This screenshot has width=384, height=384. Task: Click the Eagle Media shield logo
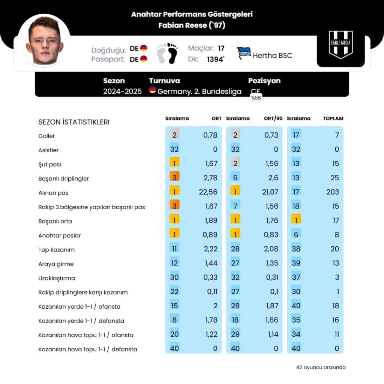pyautogui.click(x=340, y=45)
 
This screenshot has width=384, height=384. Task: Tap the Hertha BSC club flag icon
pyautogui.click(x=244, y=54)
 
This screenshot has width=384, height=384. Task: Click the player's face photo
pyautogui.click(x=44, y=41)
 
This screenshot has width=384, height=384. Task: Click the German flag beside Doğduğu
pyautogui.click(x=144, y=48)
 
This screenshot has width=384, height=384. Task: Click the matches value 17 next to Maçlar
pyautogui.click(x=221, y=48)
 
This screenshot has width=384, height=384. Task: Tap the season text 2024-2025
pyautogui.click(x=122, y=91)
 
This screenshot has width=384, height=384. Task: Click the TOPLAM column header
pyautogui.click(x=333, y=118)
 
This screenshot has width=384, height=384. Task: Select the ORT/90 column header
pyautogui.click(x=273, y=118)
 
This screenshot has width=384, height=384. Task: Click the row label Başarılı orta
pyautogui.click(x=55, y=221)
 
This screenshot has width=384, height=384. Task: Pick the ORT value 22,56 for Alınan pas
pyautogui.click(x=208, y=192)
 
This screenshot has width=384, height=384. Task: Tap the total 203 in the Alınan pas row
pyautogui.click(x=332, y=192)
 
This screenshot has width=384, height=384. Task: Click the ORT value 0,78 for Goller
pyautogui.click(x=210, y=135)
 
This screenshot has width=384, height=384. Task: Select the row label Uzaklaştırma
pyautogui.click(x=57, y=278)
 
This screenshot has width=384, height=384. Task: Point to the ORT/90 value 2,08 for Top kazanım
pyautogui.click(x=271, y=249)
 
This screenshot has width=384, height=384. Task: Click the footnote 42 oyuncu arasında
pyautogui.click(x=321, y=367)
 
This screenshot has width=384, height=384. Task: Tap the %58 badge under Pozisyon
pyautogui.click(x=256, y=98)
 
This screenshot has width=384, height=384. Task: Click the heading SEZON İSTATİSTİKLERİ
pyautogui.click(x=74, y=122)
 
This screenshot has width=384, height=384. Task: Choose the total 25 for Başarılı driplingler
pyautogui.click(x=335, y=178)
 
